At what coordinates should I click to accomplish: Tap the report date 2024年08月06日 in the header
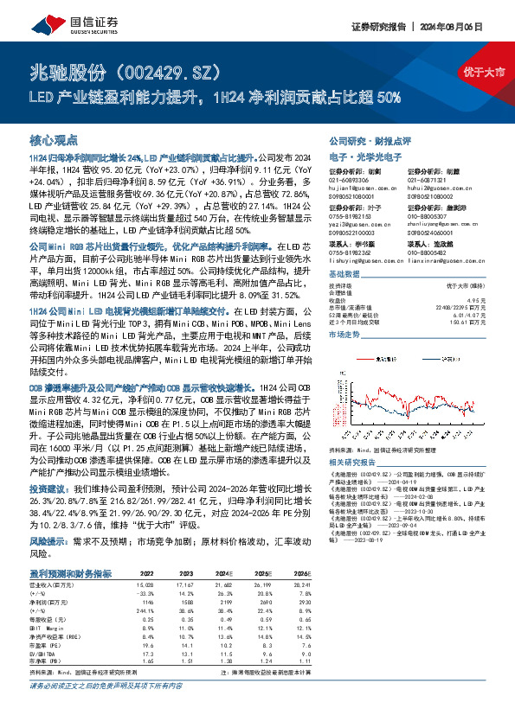coord(463,28)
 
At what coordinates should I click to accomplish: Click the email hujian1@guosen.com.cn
coord(353,187)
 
